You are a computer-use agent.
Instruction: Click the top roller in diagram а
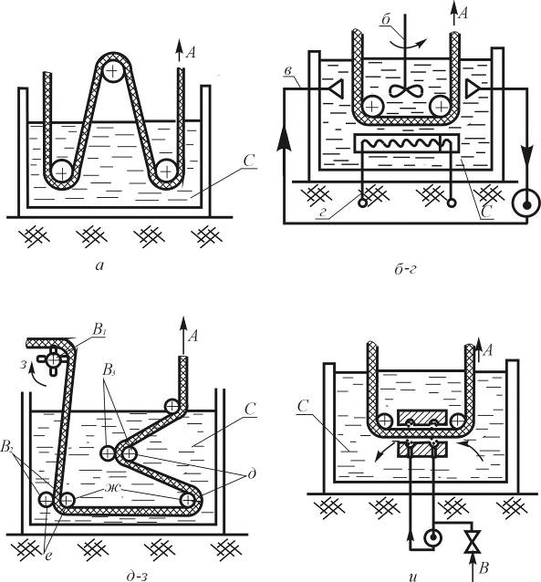(x=111, y=70)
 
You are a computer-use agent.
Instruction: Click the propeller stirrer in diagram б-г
(x=406, y=90)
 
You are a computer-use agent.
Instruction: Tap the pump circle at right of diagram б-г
(x=526, y=203)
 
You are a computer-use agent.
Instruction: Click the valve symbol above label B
(x=473, y=541)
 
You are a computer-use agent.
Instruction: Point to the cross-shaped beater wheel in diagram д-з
(x=54, y=359)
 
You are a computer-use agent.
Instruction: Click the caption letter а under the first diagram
(x=99, y=265)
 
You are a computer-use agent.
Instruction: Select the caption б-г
(x=405, y=268)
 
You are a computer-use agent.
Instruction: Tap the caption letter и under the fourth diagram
(x=413, y=577)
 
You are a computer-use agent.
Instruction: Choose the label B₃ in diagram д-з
(x=109, y=370)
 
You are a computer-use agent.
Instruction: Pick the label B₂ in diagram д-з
(x=7, y=447)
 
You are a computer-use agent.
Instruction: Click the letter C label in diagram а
(x=249, y=161)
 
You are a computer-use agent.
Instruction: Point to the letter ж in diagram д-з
(x=112, y=487)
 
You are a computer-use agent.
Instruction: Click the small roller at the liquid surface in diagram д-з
(x=172, y=406)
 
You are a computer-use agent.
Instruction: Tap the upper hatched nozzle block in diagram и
(x=421, y=418)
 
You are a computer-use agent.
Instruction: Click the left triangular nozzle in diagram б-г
(x=337, y=88)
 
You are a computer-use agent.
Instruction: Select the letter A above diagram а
(x=191, y=52)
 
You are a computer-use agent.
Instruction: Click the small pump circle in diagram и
(x=432, y=538)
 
